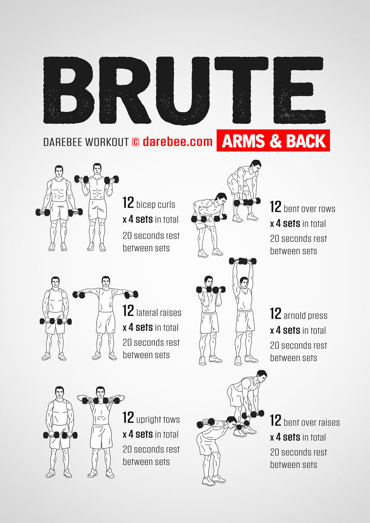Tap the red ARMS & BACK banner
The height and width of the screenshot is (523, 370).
273,141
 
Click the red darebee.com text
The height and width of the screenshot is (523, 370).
177,141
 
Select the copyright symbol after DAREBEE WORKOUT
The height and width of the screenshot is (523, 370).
135,142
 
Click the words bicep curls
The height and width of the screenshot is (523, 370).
156,205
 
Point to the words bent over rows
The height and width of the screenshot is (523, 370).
309,209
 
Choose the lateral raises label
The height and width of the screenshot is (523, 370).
159,313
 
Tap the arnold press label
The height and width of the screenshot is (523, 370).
305,316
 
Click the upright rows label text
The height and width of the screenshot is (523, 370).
158,420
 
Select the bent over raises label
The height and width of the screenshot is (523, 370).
312,422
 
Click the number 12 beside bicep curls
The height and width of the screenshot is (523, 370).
128,203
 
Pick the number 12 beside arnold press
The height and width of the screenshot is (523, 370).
276,314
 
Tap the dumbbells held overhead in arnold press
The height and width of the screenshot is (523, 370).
243,261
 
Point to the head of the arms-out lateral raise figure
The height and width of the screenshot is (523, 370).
105,282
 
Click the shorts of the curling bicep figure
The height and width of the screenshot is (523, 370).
97,210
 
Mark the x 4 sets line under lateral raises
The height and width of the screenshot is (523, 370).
150,328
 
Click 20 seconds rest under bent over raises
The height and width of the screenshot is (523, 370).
298,452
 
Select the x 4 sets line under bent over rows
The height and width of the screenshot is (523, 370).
298,224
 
